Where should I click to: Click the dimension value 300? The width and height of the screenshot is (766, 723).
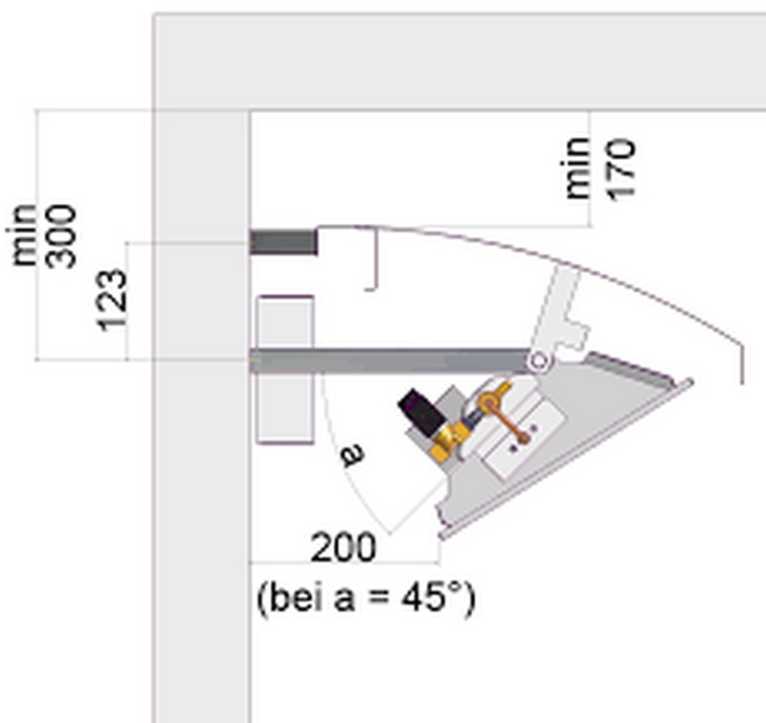(61, 237)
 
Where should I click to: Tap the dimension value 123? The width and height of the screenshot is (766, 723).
(112, 300)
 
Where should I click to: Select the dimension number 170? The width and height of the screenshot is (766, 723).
(621, 169)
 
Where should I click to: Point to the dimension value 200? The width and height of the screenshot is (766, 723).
(344, 548)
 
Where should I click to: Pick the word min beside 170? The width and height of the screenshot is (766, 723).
(576, 169)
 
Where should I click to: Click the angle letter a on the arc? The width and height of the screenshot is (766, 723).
(352, 455)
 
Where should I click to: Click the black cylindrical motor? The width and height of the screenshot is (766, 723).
(421, 413)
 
